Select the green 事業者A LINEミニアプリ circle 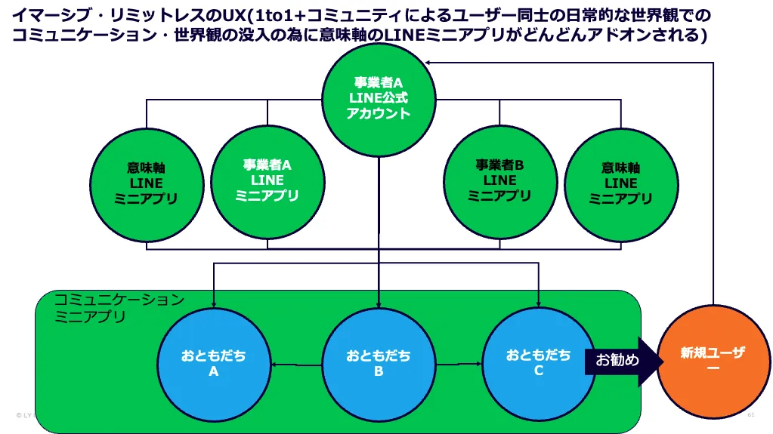[267, 180]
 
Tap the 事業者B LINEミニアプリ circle [499, 180]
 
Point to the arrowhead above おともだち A [214, 305]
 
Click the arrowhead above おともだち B [379, 305]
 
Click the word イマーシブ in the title [47, 14]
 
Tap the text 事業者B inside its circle [499, 164]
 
